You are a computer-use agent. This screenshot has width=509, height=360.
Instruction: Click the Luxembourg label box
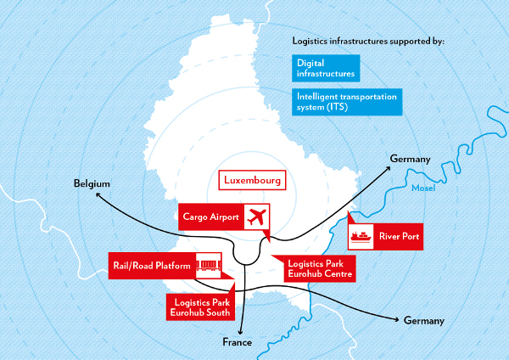[x=252, y=181]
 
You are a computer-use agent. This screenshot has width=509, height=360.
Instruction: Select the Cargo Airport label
[x=211, y=217]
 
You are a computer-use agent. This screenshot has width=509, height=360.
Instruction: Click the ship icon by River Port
[x=361, y=234]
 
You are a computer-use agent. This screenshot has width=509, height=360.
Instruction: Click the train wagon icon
[x=209, y=266]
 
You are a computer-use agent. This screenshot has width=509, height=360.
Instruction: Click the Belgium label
[x=92, y=183]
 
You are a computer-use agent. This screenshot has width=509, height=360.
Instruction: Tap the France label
[x=238, y=342]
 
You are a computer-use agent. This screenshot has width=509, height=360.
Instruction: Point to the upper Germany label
[x=411, y=160]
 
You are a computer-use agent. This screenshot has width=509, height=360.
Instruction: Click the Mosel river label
[x=422, y=188]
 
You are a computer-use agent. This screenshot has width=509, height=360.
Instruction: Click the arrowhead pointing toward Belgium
[x=99, y=196]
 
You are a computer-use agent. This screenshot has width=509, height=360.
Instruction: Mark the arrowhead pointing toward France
[x=243, y=330]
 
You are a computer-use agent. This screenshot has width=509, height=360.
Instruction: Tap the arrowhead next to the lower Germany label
[x=397, y=319]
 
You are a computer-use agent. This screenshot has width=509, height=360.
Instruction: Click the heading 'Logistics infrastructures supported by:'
[x=366, y=41]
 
